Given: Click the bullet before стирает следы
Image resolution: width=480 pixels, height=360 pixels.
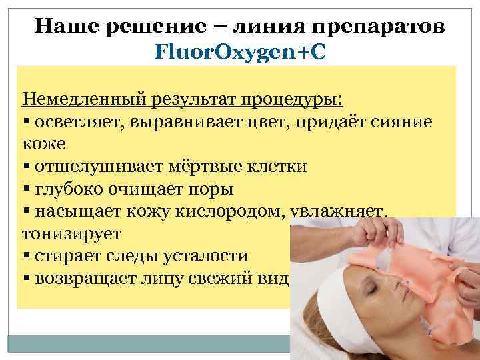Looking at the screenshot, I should click(x=25, y=257).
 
